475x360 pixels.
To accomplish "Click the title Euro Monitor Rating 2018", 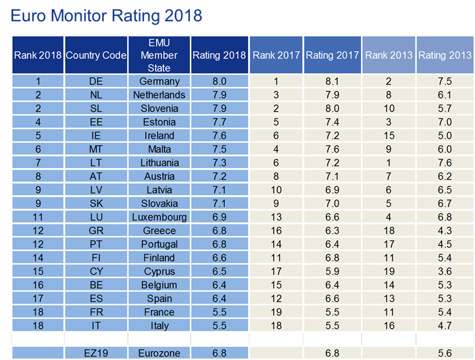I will (106, 16).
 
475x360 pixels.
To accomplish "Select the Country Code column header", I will (96, 55).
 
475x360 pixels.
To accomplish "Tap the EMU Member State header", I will (159, 55).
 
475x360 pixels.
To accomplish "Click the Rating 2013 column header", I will (445, 55).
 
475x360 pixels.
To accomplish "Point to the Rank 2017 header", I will (276, 55).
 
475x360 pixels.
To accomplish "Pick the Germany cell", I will (159, 81).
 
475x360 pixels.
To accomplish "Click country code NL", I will (96, 95).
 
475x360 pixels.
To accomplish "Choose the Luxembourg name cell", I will (159, 217).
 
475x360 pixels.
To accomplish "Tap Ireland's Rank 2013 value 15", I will (389, 136).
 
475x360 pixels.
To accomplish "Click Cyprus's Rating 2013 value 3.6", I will (445, 271).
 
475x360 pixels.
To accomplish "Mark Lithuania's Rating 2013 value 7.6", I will (445, 163).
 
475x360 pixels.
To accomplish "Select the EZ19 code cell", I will (96, 353).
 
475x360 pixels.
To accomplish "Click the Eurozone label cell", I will (159, 353).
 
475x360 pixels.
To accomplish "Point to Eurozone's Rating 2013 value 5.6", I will (445, 353).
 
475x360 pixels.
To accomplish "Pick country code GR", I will (96, 230).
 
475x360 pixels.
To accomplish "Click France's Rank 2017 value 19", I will (276, 312).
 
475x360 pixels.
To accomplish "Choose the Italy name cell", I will (159, 326).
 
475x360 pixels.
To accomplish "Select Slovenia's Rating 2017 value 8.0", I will (332, 108).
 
